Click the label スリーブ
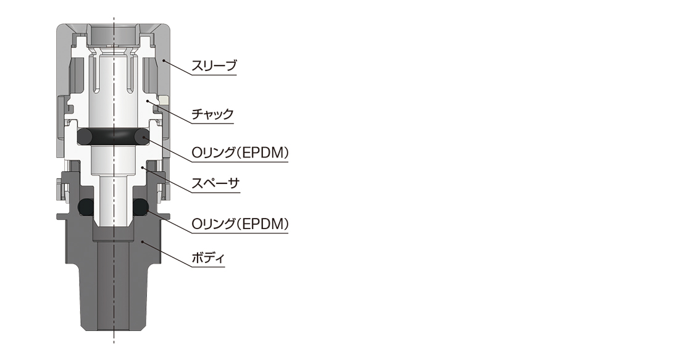(214, 65)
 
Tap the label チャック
(212, 114)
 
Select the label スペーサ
(215, 183)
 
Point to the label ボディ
(208, 258)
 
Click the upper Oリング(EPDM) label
(240, 153)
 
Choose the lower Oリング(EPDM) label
(240, 224)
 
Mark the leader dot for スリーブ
(164, 61)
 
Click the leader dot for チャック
(148, 101)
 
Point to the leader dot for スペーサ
(142, 167)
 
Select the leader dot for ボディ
(142, 240)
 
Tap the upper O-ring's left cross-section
(85, 137)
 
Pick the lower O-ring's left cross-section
(85, 206)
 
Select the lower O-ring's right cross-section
(140, 206)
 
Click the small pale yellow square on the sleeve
(163, 100)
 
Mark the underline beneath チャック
(212, 123)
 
